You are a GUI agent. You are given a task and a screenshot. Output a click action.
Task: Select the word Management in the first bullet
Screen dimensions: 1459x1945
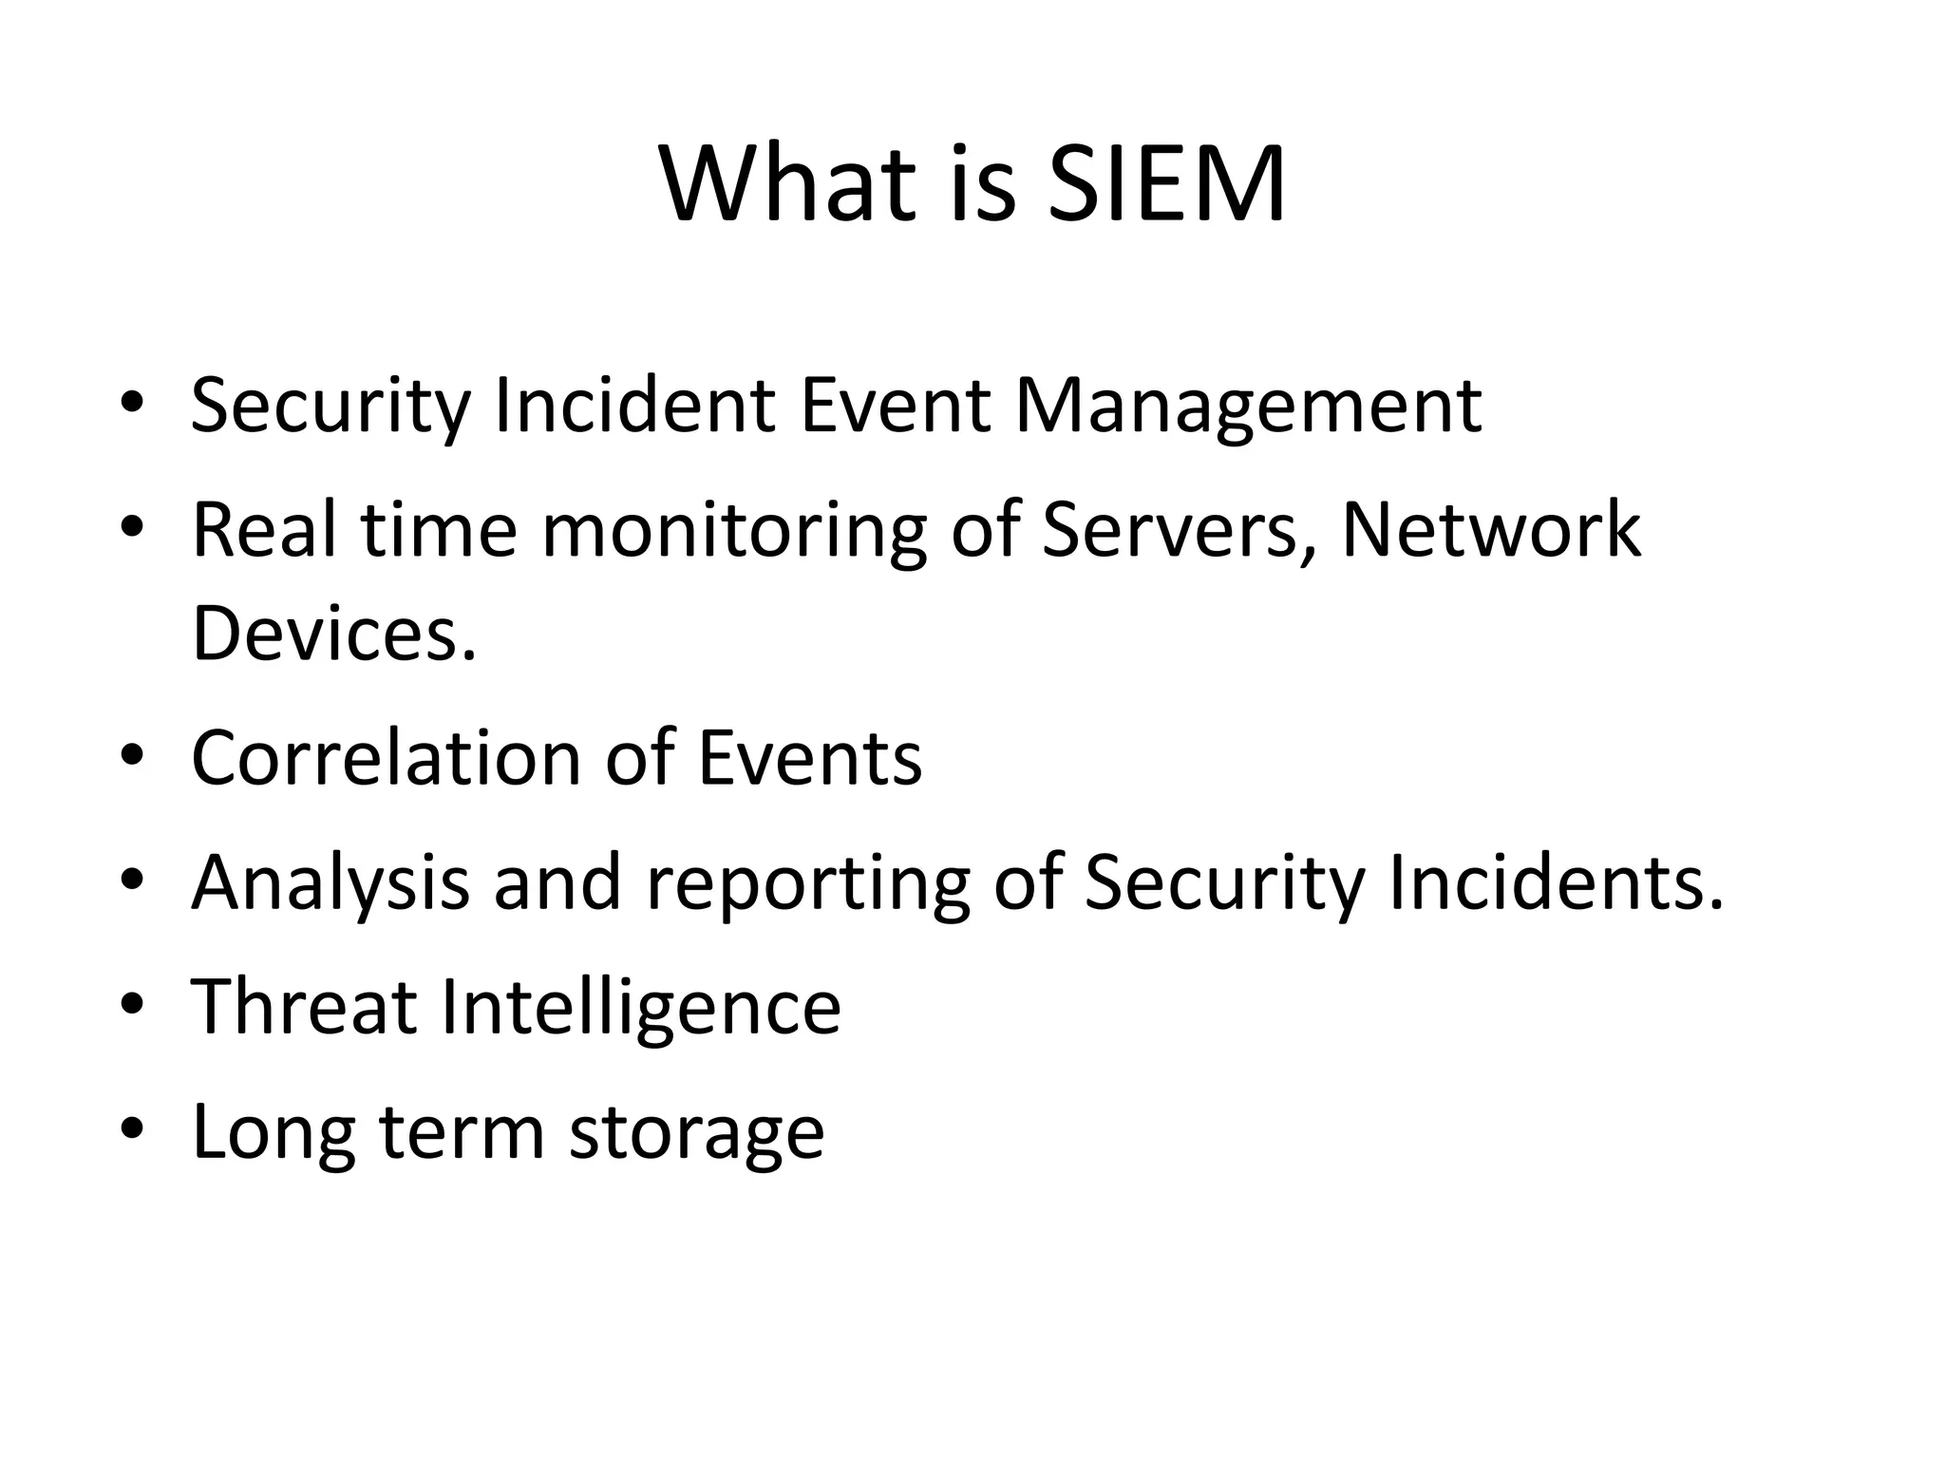(x=1248, y=407)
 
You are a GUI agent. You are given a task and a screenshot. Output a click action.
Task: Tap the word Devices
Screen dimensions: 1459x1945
(x=333, y=634)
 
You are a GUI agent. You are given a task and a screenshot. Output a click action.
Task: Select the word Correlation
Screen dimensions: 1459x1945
(x=386, y=758)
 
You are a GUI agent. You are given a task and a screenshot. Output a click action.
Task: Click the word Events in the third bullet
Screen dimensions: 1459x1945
(x=810, y=758)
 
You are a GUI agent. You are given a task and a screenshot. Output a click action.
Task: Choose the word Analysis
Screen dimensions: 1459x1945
(x=330, y=883)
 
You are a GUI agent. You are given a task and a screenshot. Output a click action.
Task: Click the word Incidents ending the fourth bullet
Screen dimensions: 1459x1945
(x=1555, y=883)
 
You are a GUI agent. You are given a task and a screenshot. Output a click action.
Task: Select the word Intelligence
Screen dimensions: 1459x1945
(x=641, y=1009)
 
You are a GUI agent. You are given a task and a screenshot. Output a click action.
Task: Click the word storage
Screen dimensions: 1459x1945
(x=696, y=1134)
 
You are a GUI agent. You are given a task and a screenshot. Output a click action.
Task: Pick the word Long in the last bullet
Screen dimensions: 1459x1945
(x=274, y=1134)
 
